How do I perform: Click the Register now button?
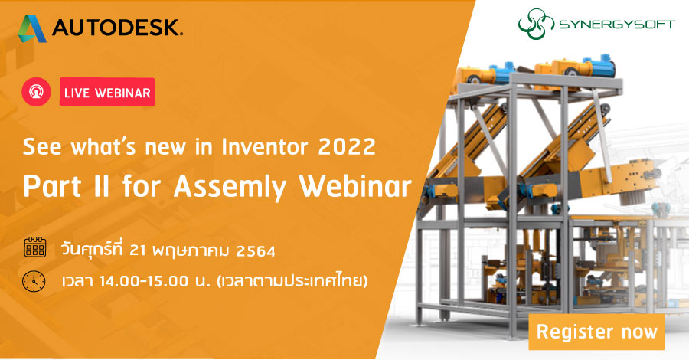596,332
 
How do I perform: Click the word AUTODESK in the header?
117,29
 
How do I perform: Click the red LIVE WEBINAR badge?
106,92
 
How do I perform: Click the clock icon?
34,281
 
